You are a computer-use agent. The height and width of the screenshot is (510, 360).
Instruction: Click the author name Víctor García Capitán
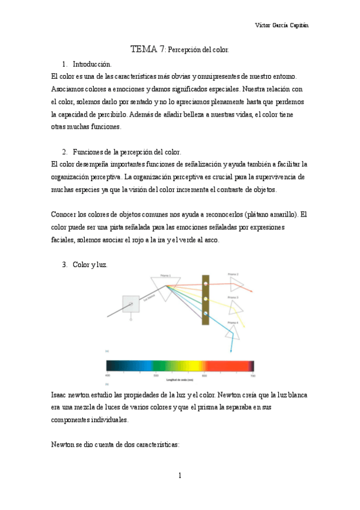(285, 26)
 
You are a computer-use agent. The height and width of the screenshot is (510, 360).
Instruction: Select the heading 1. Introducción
(87, 64)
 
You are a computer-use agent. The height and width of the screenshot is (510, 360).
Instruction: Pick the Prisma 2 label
(233, 274)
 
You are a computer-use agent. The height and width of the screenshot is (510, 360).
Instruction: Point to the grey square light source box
(130, 304)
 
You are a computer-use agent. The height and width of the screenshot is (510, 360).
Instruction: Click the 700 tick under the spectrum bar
(253, 375)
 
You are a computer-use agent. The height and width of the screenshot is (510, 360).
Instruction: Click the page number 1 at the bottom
(180, 476)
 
